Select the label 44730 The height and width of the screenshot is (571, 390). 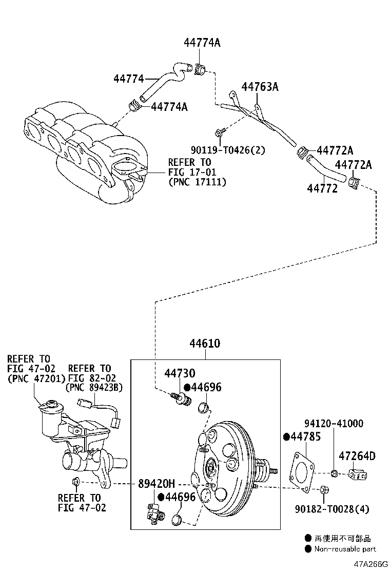point(180,373)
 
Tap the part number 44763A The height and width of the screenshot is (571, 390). point(260,87)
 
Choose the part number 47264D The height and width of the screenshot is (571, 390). point(357,455)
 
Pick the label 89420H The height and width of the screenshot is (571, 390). point(157,484)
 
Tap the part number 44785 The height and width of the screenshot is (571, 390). point(305,437)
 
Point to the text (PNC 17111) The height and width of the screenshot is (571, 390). point(197,182)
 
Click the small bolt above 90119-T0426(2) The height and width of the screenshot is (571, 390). point(220,133)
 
